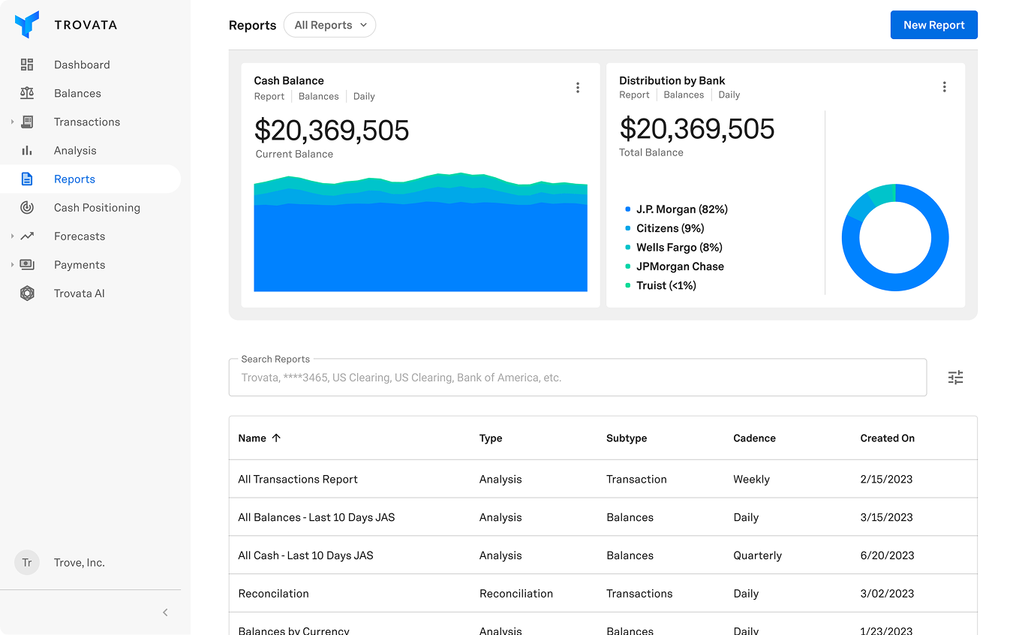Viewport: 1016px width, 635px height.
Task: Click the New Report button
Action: point(933,25)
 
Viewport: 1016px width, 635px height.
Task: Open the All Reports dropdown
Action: point(329,25)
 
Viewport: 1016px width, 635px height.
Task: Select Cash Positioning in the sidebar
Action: point(97,208)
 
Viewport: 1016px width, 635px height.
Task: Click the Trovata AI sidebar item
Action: point(79,293)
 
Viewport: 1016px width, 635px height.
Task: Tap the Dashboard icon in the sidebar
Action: point(27,65)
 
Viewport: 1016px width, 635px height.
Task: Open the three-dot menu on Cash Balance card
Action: point(578,88)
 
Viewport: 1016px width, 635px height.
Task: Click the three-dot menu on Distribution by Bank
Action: point(944,87)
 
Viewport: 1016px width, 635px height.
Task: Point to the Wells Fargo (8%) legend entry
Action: point(679,248)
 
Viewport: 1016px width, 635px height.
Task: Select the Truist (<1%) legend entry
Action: point(666,285)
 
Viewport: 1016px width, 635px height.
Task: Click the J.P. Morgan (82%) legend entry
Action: point(681,209)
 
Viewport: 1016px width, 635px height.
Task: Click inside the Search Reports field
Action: point(578,378)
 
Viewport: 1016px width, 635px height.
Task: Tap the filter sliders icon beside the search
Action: point(955,378)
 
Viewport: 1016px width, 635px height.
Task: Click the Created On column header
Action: point(887,438)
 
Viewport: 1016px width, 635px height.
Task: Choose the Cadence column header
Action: point(754,438)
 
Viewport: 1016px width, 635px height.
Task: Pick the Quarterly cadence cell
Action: point(757,555)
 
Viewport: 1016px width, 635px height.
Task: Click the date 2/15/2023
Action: point(886,480)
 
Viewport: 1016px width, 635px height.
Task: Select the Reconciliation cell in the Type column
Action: point(516,594)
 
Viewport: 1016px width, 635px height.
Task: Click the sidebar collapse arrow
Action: point(165,612)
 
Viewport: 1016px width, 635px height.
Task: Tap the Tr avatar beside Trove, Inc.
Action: point(27,563)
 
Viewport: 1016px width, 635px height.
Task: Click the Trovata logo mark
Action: point(27,25)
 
